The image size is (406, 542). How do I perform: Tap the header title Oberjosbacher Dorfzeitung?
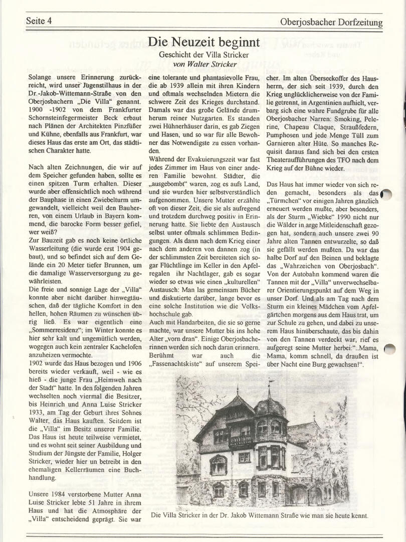pos(331,22)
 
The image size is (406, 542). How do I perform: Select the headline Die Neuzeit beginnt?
pos(204,42)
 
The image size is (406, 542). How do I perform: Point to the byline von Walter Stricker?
pos(203,64)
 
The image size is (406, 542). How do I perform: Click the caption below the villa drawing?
pos(260,515)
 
